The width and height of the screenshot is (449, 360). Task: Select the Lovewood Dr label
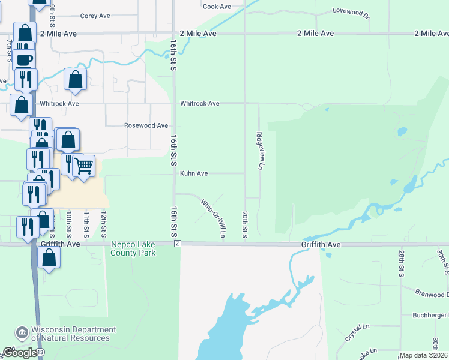coord(349,11)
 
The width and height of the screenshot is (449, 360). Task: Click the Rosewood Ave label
coord(146,126)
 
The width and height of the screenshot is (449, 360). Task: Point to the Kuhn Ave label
coord(194,173)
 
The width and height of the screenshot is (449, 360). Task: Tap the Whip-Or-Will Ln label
coord(213,218)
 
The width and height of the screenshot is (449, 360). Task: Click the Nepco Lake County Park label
coord(133,249)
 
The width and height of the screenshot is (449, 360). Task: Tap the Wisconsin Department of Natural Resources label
coord(74,334)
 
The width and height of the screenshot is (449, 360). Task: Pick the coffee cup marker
coord(24,60)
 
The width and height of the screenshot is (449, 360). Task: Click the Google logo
coord(19,353)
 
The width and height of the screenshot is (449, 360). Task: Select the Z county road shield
coord(178,244)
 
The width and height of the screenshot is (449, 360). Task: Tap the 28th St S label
coord(401,264)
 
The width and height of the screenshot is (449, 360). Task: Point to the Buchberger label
coord(430,315)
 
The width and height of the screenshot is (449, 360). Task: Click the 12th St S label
coord(104,222)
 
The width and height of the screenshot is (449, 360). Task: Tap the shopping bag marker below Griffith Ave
coord(49,257)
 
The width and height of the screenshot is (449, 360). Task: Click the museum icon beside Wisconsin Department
coord(22,332)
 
